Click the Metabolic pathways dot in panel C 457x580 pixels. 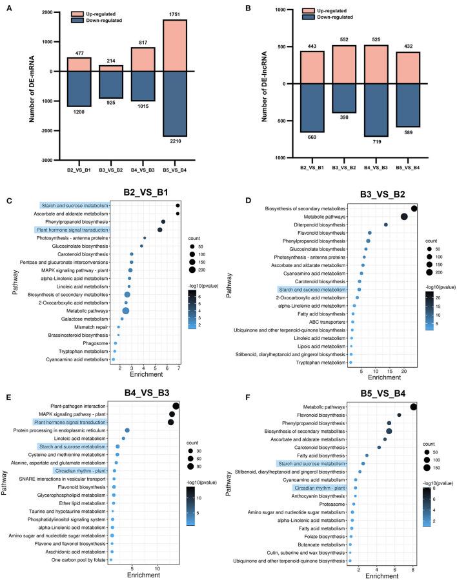click(126, 311)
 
